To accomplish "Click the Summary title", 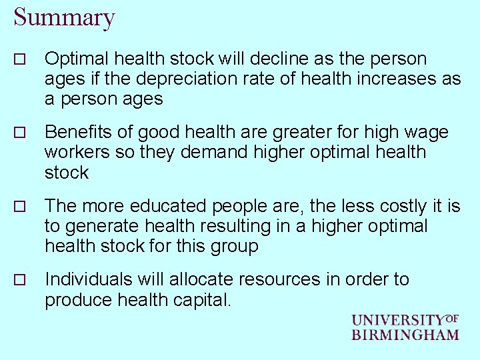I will click(x=64, y=18).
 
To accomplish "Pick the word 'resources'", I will click(x=279, y=279).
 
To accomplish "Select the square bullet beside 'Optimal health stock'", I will click(x=19, y=60).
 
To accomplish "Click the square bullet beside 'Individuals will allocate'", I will click(x=19, y=281).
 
